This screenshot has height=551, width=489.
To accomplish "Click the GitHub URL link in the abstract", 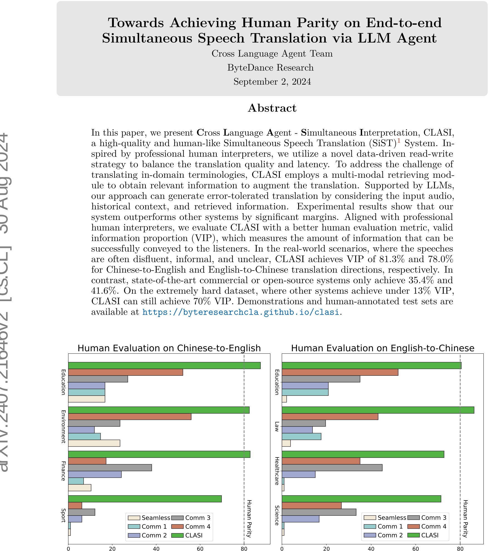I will pyautogui.click(x=241, y=312).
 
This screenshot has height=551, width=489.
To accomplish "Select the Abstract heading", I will pyautogui.click(x=272, y=108).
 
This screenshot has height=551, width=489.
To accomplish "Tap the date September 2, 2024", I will pyautogui.click(x=272, y=82).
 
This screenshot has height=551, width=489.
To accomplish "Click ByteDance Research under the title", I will pyautogui.click(x=270, y=68).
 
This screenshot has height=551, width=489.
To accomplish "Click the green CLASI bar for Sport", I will pyautogui.click(x=145, y=499).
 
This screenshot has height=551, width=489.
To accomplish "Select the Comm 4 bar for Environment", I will pyautogui.click(x=130, y=417).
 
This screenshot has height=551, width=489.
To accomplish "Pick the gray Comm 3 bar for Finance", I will pyautogui.click(x=110, y=468).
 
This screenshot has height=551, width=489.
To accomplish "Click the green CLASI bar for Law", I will pyautogui.click(x=378, y=410).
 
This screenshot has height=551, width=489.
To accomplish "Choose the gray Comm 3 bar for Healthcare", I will pyautogui.click(x=332, y=468).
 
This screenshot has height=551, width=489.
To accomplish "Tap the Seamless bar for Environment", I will pyautogui.click(x=94, y=443).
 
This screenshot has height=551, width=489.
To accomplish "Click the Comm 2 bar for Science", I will pyautogui.click(x=300, y=519).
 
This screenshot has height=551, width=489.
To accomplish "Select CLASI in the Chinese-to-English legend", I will pyautogui.click(x=194, y=535).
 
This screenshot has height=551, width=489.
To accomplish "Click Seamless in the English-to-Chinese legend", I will pyautogui.click(x=392, y=518).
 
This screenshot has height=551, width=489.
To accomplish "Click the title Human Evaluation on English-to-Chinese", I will pyautogui.click(x=382, y=348).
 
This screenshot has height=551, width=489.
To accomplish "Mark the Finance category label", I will pyautogui.click(x=63, y=471).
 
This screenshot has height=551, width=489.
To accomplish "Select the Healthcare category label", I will pyautogui.click(x=277, y=471).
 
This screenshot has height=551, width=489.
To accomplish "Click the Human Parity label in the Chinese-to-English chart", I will pyautogui.click(x=249, y=518).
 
